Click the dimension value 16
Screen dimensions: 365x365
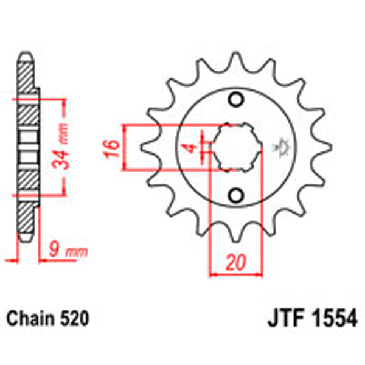pyautogui.click(x=110, y=148)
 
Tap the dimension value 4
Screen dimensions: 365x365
pyautogui.click(x=190, y=148)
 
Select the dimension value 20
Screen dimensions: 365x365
pyautogui.click(x=235, y=263)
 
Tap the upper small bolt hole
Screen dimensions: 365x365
pyautogui.click(x=235, y=100)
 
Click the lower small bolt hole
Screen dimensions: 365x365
pyautogui.click(x=235, y=195)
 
